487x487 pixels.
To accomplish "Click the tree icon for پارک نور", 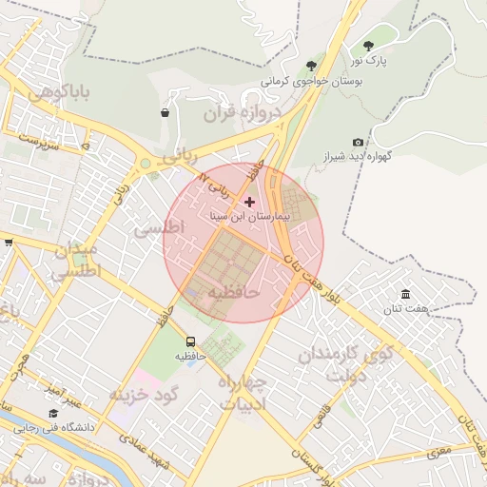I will tap(368, 45).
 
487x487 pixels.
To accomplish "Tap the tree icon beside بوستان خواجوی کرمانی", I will tap(311, 65).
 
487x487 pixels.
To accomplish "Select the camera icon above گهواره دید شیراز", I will tap(358, 142).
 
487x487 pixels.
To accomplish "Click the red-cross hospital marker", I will tap(250, 202).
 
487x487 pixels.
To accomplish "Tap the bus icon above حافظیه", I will tap(190, 341).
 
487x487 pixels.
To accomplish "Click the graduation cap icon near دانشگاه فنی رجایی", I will tap(54, 414).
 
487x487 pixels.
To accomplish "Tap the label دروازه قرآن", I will tap(243, 113).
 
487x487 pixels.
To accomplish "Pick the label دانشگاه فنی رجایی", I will tap(57, 428).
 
